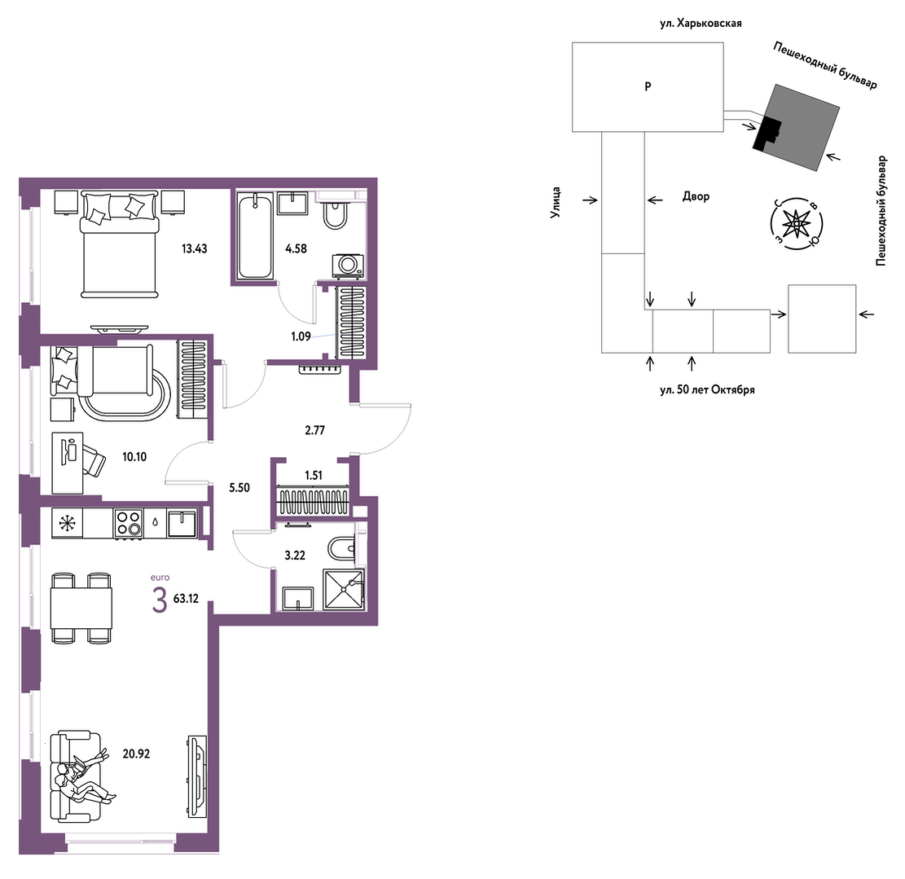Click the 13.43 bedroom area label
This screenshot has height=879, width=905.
pos(195,248)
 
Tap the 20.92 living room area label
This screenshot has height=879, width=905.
pos(136,754)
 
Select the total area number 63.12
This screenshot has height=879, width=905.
pos(186,599)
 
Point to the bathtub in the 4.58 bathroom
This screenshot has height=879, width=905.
pos(254,236)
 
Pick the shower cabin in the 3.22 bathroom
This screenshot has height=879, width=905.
pos(344,589)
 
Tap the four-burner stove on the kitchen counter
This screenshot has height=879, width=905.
pos(129,524)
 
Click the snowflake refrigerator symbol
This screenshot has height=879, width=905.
pos(68,524)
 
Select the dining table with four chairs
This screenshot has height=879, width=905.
pos(81,608)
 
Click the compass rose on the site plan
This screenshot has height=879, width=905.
pos(797,222)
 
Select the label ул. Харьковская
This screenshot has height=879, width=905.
pos(701,24)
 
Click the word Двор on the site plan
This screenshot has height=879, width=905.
pos(696,196)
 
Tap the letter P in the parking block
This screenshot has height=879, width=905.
pos(648,86)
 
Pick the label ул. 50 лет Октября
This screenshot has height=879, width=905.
pos(707,389)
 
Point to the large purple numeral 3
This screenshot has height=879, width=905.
pos(160,600)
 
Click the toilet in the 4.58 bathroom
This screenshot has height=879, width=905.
pos(336,215)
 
